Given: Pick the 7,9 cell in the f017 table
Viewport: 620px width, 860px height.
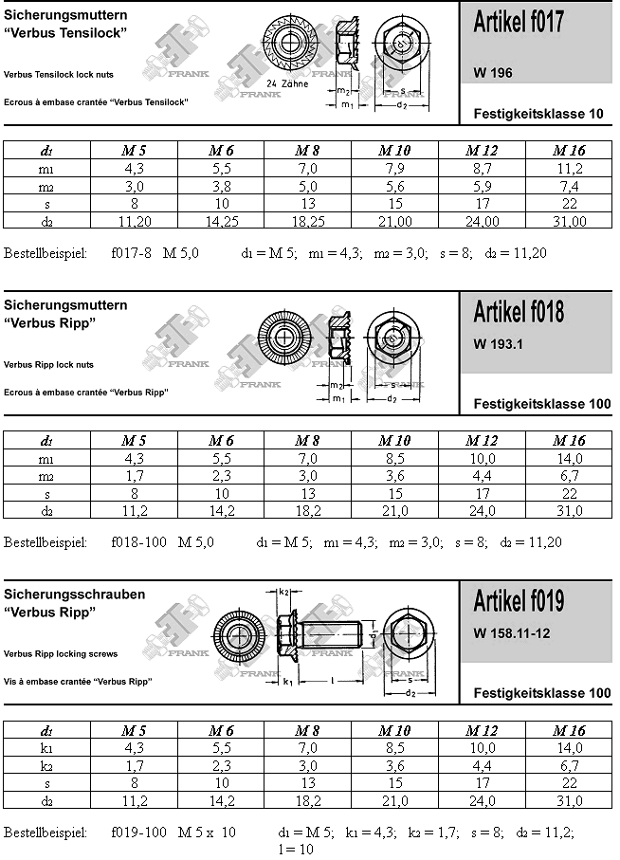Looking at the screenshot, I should point(394,168).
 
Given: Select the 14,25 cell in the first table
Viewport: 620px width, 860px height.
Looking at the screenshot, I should point(221,221).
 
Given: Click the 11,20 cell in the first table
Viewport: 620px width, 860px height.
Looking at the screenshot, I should point(134,221).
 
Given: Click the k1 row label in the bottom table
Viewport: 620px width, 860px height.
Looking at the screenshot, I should point(46,748).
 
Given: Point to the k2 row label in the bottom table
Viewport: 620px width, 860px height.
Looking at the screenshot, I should point(46,766).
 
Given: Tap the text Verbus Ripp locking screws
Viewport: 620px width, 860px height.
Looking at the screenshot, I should point(61,654).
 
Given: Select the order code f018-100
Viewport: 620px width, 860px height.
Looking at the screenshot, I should point(138,542).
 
